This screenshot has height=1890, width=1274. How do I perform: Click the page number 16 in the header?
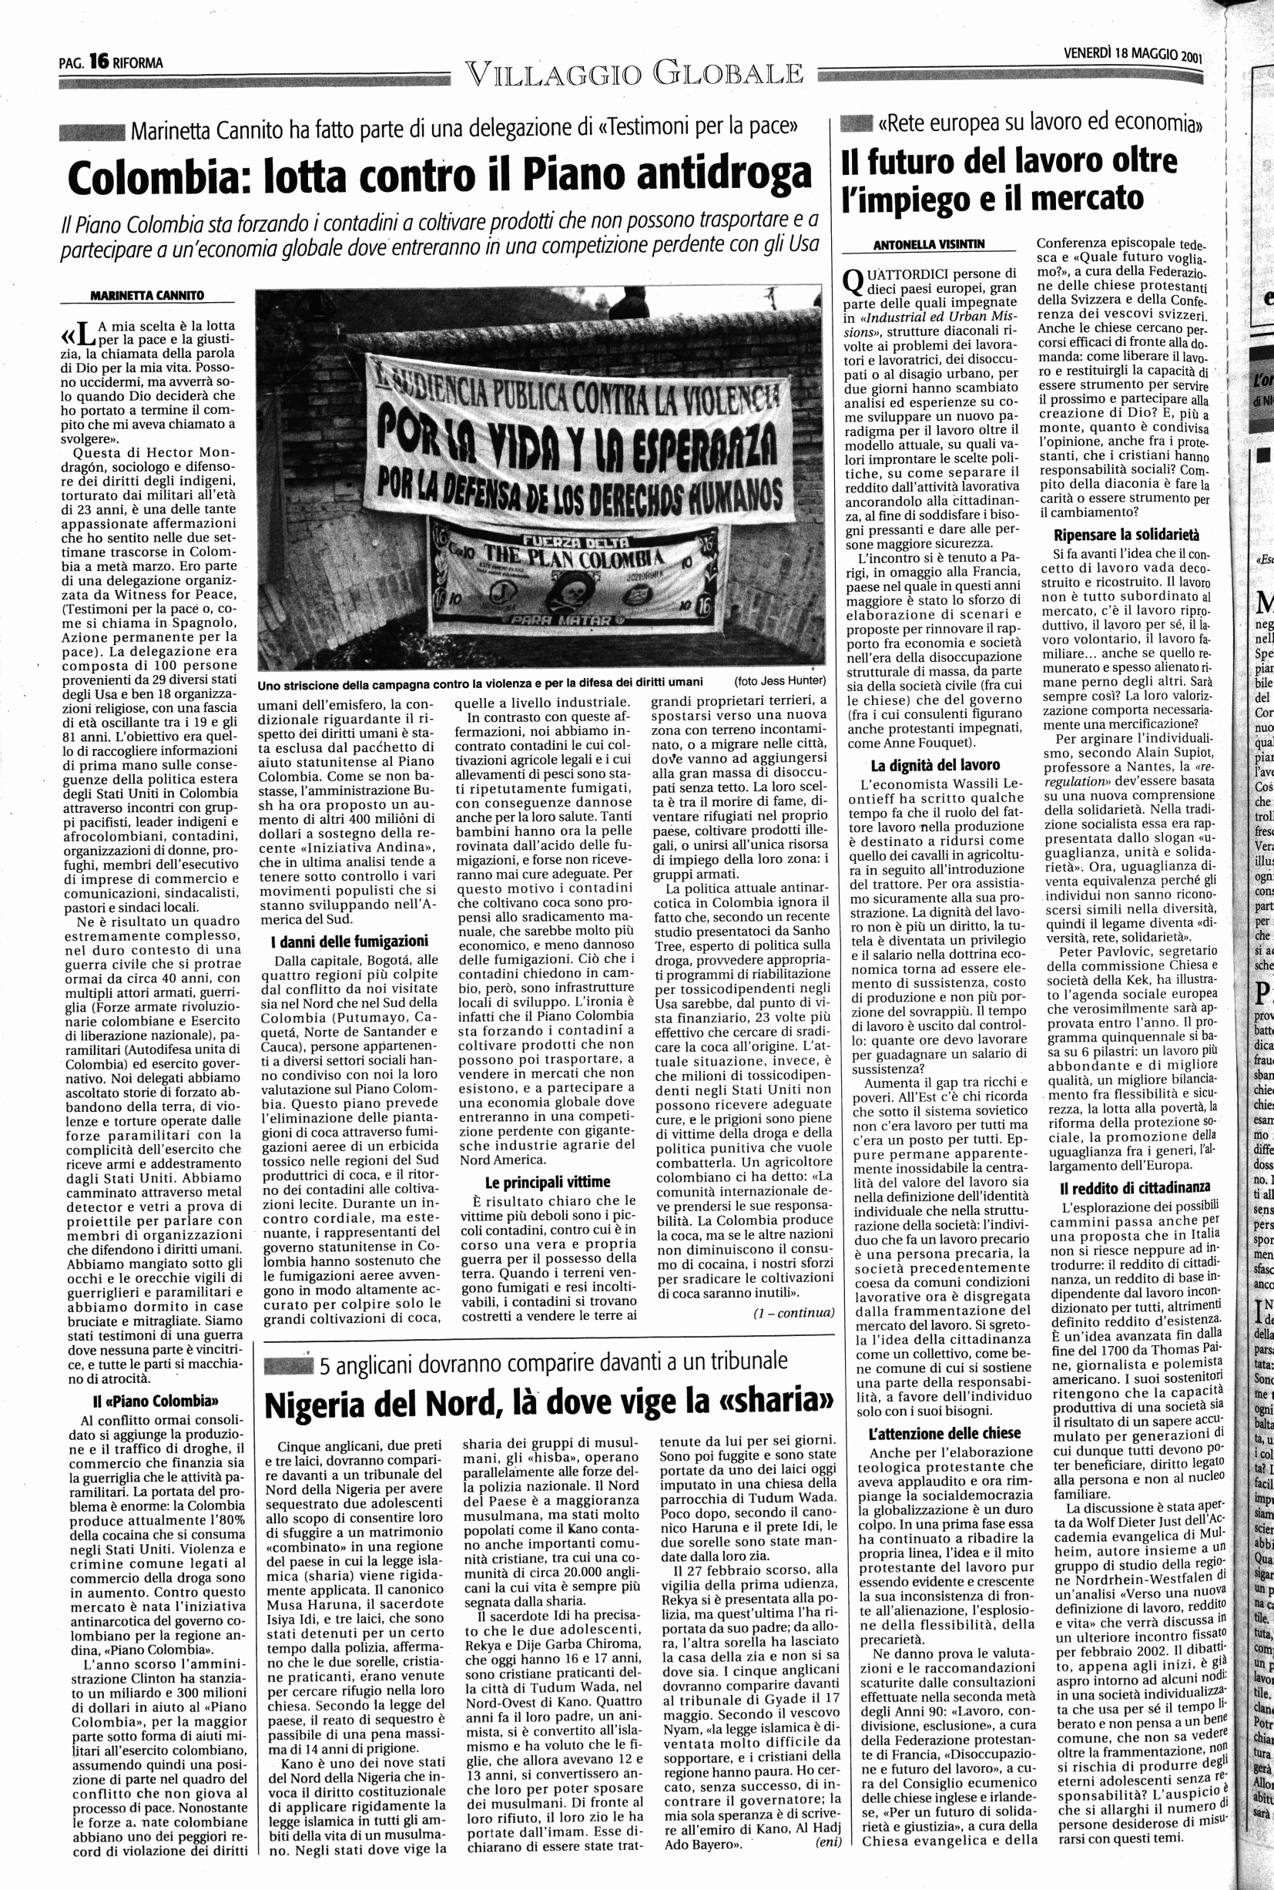[99, 61]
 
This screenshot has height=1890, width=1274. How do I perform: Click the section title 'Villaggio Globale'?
[635, 75]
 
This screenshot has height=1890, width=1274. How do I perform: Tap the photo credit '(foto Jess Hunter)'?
[779, 681]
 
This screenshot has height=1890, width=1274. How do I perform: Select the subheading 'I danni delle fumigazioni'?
[350, 942]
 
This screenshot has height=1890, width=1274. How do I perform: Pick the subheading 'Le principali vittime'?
[547, 1181]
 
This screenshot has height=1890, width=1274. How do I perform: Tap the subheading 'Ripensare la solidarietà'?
[1126, 535]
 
